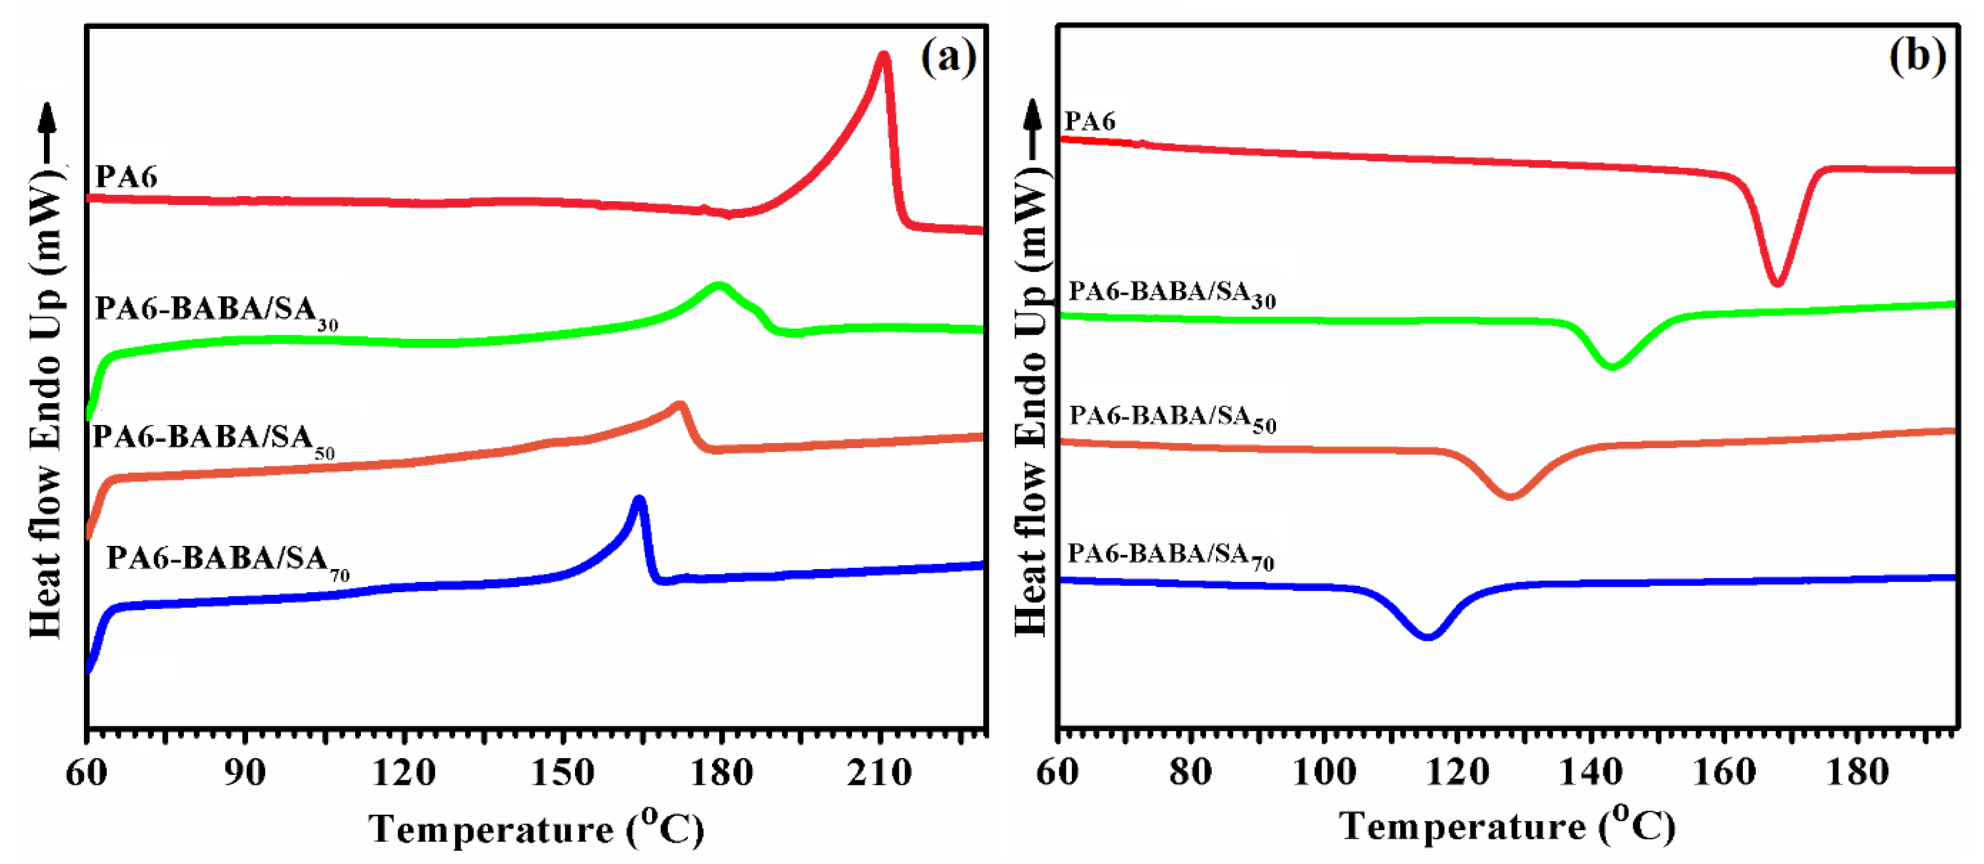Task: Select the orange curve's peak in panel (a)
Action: (x=679, y=406)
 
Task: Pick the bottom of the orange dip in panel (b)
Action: (x=1510, y=496)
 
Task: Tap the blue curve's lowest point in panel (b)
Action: (x=1427, y=636)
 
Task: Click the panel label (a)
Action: (x=949, y=58)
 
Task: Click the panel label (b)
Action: (x=1917, y=58)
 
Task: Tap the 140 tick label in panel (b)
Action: (x=1591, y=771)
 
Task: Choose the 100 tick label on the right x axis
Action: (x=1324, y=771)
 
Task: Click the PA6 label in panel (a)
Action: (x=126, y=177)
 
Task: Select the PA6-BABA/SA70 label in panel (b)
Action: (x=1171, y=555)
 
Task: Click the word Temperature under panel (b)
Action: (x=1462, y=827)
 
